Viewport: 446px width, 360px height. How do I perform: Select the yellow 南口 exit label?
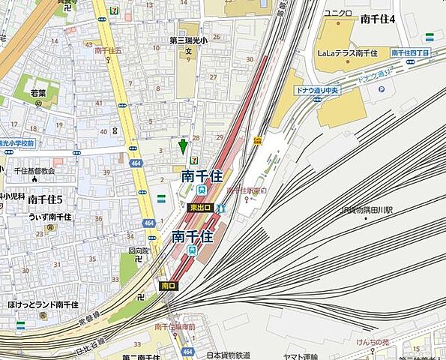[x=168, y=286]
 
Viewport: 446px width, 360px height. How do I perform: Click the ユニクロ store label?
[x=337, y=13]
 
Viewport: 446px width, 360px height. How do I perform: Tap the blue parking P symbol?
[x=381, y=88]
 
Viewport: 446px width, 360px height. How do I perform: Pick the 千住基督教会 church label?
[x=34, y=171]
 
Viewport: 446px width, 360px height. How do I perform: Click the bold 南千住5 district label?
[x=45, y=199]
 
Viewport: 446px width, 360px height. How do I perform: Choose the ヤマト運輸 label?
[x=301, y=355]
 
